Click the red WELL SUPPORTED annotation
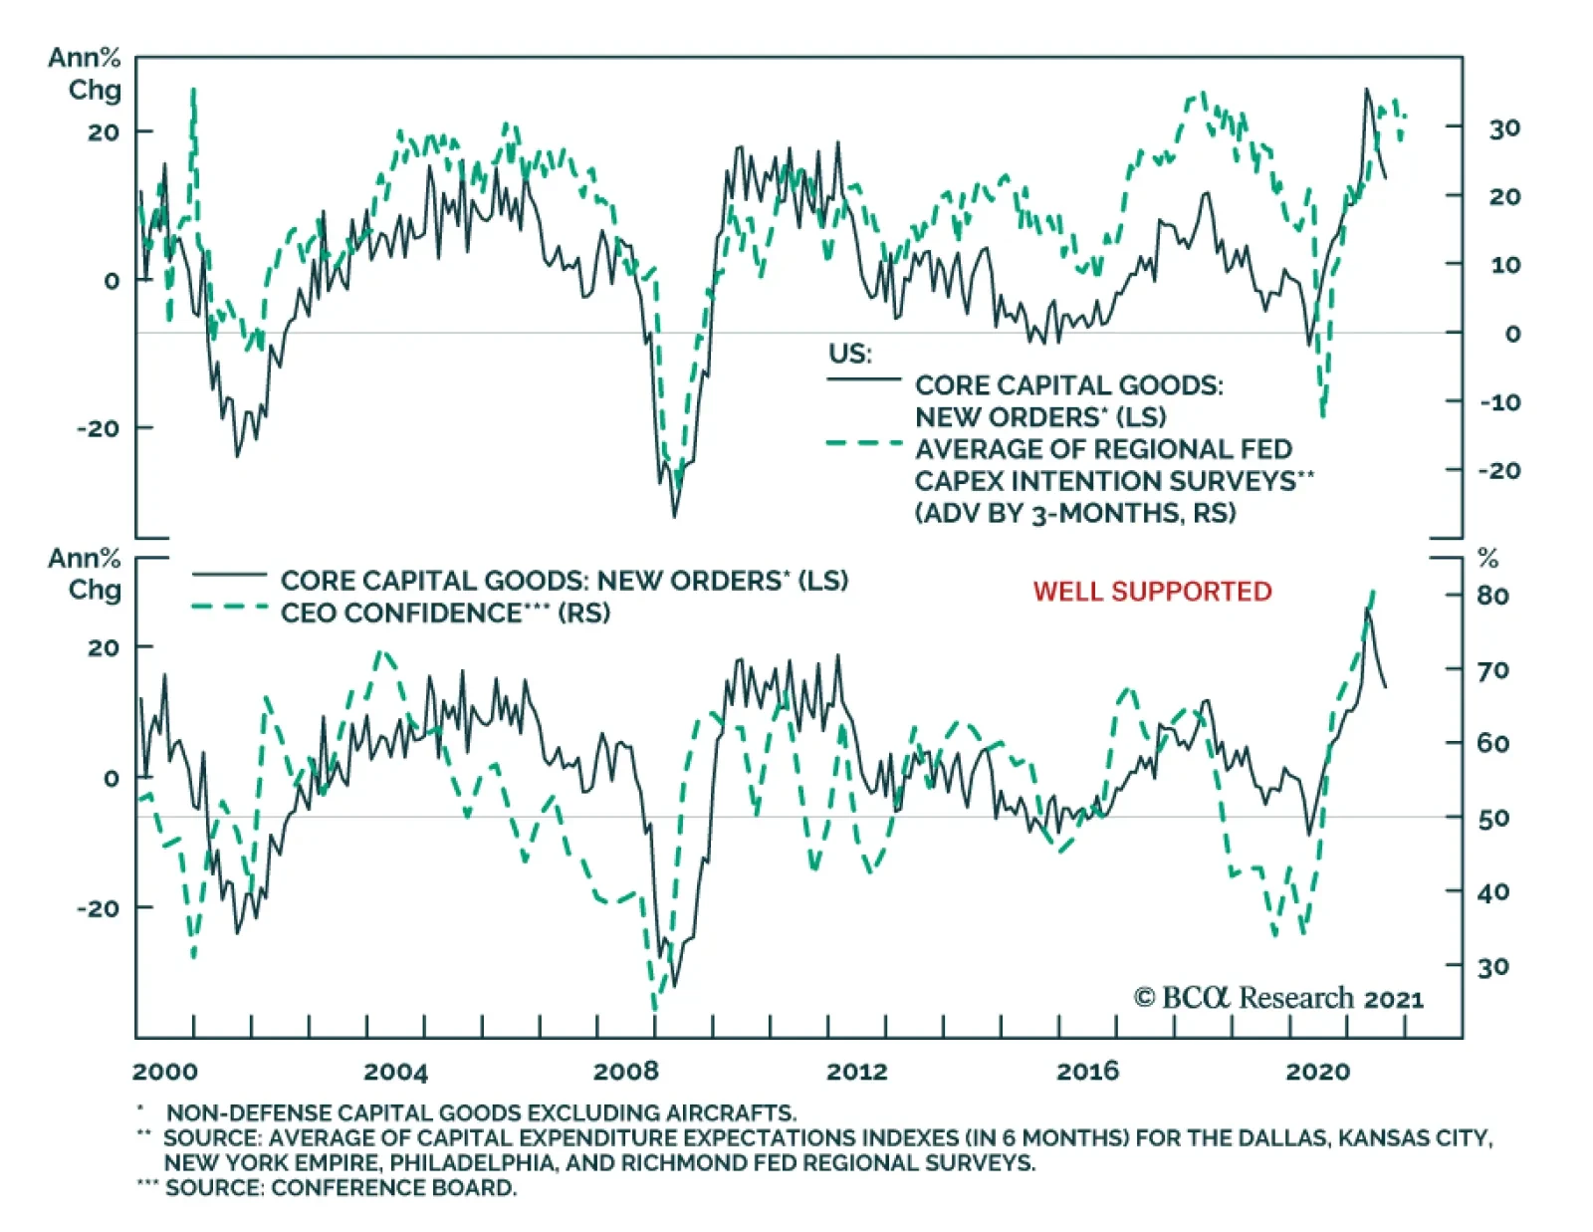coord(1152,591)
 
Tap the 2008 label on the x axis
coord(626,1072)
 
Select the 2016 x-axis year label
coord(1087,1072)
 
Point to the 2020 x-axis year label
coord(1317,1072)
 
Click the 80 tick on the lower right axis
coord(1492,596)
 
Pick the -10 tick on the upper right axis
coord(1499,402)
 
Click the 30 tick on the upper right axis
coord(1504,128)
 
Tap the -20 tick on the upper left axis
coord(99,428)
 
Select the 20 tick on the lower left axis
coord(103,647)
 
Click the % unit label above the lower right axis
coord(1488,558)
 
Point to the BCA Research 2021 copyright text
coord(1278,997)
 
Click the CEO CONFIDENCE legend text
coord(445,613)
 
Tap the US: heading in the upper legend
coord(849,354)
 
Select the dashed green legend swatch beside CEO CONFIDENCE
coord(230,607)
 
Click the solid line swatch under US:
coord(863,379)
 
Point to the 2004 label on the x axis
coord(395,1072)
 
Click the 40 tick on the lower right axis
coord(1492,892)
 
